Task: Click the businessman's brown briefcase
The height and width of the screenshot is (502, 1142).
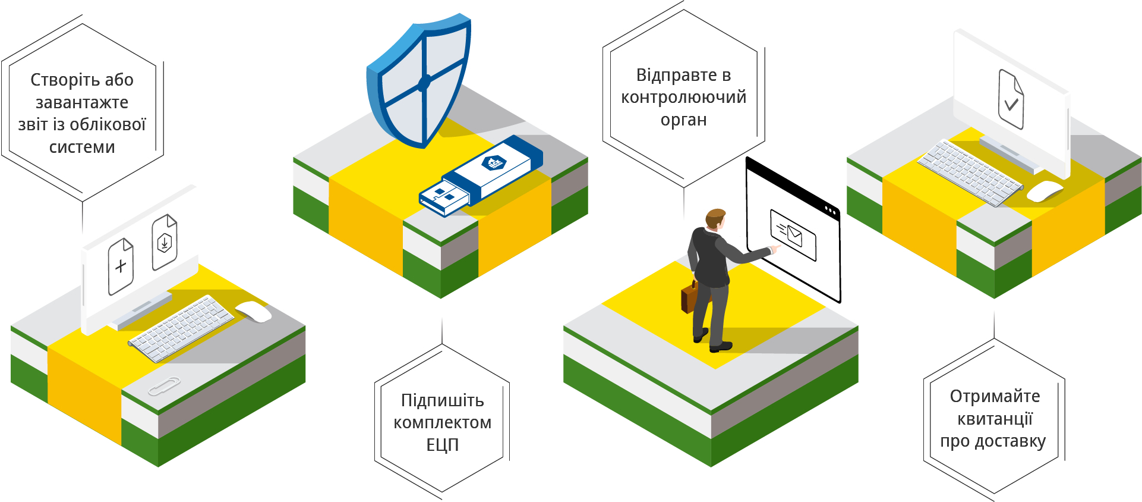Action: pos(689,297)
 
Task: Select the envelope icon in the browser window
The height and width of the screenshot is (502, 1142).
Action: pos(793,235)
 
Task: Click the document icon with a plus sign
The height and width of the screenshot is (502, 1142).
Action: pos(121,266)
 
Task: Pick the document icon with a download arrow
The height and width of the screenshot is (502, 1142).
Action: pos(165,242)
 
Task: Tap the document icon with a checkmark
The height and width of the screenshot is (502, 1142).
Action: pos(1011,99)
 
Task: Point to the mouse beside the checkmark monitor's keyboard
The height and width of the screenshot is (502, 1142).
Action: pos(1044,191)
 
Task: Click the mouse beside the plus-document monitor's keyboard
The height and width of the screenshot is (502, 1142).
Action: pos(254,311)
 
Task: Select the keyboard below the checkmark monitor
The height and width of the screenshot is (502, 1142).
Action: pos(969,172)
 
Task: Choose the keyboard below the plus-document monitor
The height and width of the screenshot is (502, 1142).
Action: pos(181,328)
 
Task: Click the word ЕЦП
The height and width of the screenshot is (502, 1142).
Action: pos(443,445)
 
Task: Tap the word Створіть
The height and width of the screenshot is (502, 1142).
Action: pos(57,80)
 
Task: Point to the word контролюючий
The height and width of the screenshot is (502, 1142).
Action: pos(683,97)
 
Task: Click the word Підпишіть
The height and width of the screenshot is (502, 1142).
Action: pos(443,400)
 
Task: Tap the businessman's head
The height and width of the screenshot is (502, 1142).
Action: pos(715,218)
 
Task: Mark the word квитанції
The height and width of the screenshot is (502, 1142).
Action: pos(995,419)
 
